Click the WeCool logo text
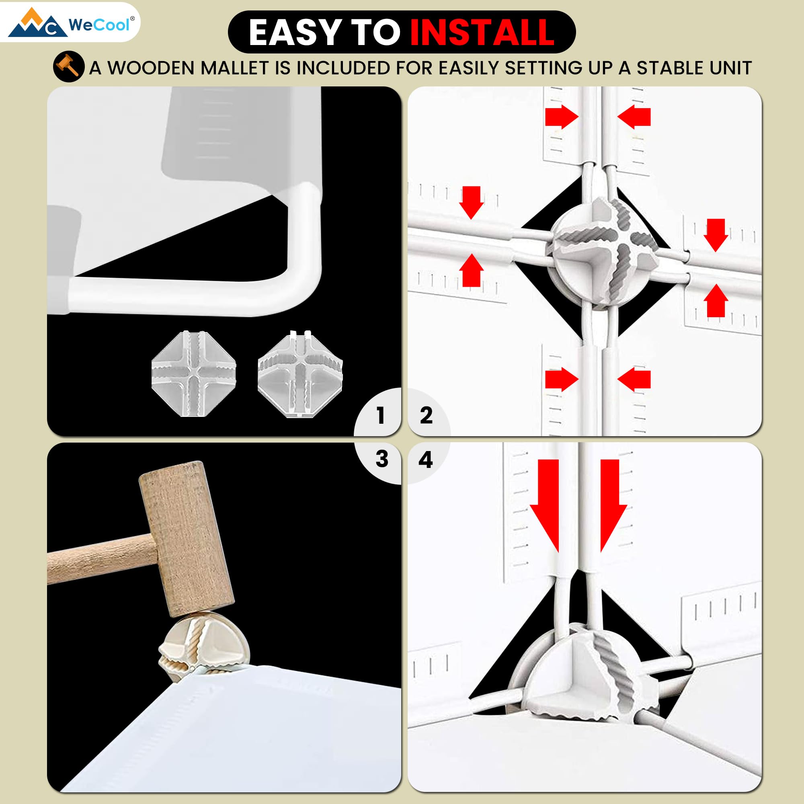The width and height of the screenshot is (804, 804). click(x=98, y=25)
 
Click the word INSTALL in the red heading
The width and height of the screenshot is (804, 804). click(x=482, y=33)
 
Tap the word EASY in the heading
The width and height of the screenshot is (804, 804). click(x=295, y=33)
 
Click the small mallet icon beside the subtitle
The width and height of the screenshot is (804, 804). click(x=69, y=66)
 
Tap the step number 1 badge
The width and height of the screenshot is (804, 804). click(x=380, y=415)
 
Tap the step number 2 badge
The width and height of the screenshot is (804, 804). click(x=426, y=415)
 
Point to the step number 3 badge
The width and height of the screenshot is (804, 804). click(x=381, y=459)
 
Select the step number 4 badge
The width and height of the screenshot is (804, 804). click(x=425, y=459)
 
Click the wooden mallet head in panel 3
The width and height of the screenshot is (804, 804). click(x=186, y=539)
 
